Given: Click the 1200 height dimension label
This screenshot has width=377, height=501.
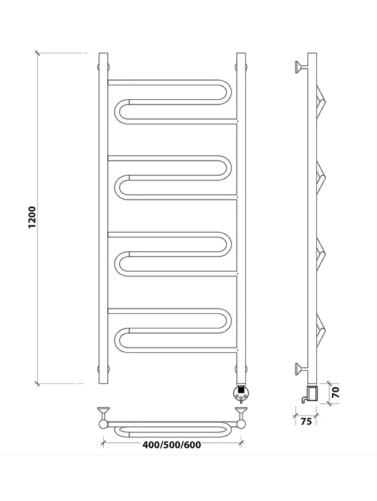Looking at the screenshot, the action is (x=32, y=217).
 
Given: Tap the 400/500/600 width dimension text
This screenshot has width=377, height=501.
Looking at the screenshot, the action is (x=172, y=445).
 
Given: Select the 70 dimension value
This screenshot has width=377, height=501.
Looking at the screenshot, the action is (x=335, y=392).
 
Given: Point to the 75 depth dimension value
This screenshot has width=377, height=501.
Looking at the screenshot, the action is (x=306, y=422).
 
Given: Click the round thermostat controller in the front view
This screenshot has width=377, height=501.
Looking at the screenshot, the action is (x=241, y=393).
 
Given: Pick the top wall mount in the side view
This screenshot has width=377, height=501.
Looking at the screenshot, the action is (x=301, y=67).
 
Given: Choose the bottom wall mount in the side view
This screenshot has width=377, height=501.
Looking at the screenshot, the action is (x=301, y=369).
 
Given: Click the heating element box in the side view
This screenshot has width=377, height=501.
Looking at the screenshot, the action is (x=311, y=393).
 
